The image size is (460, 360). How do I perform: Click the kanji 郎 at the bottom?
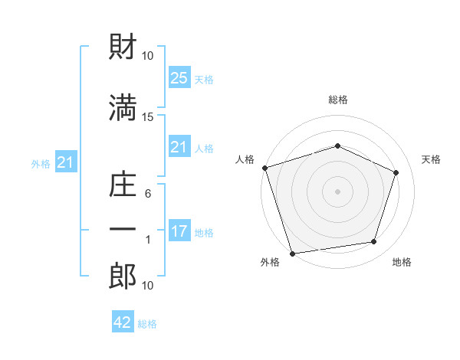[x=123, y=276]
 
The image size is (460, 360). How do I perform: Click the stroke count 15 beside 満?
[x=148, y=116]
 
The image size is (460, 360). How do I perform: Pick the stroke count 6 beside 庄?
[x=148, y=195]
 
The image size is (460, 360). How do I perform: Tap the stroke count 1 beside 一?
[x=148, y=240]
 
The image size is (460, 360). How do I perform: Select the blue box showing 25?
[x=179, y=77]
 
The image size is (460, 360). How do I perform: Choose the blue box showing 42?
[x=123, y=322]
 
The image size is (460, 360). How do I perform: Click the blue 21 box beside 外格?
[x=64, y=162]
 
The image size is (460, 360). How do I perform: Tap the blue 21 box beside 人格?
[x=179, y=146]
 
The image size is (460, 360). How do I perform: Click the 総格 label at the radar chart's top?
[x=338, y=100]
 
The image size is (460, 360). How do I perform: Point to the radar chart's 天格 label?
[x=432, y=159]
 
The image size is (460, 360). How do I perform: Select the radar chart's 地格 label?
[x=402, y=262]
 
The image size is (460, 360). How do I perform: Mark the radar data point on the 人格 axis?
[x=264, y=168]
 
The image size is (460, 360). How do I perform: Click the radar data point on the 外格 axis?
[x=293, y=253]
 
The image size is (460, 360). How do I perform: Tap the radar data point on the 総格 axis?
[x=338, y=146]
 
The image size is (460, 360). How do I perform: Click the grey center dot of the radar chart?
[x=338, y=191]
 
